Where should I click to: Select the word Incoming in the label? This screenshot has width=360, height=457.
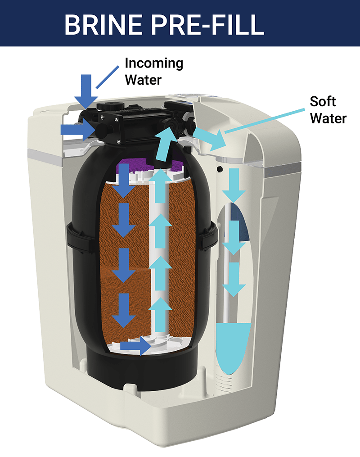[x=154, y=63]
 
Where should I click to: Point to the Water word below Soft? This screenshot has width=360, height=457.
[x=328, y=118]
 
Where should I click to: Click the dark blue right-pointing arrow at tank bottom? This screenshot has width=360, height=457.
[x=136, y=346]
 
